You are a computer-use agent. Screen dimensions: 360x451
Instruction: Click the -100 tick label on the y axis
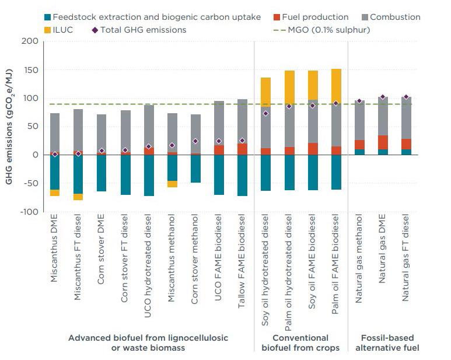click(27, 212)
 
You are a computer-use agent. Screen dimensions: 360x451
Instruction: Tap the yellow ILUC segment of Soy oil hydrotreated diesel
click(265, 92)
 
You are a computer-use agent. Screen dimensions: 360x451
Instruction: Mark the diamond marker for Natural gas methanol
click(359, 101)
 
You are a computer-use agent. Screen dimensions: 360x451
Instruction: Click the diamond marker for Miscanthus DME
click(54, 155)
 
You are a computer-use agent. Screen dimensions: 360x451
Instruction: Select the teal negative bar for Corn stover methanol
click(195, 169)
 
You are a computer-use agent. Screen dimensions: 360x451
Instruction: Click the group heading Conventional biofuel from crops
click(300, 342)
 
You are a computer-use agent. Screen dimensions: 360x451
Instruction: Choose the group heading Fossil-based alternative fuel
click(383, 342)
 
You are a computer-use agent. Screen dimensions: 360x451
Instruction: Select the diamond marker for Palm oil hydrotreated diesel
click(289, 106)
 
